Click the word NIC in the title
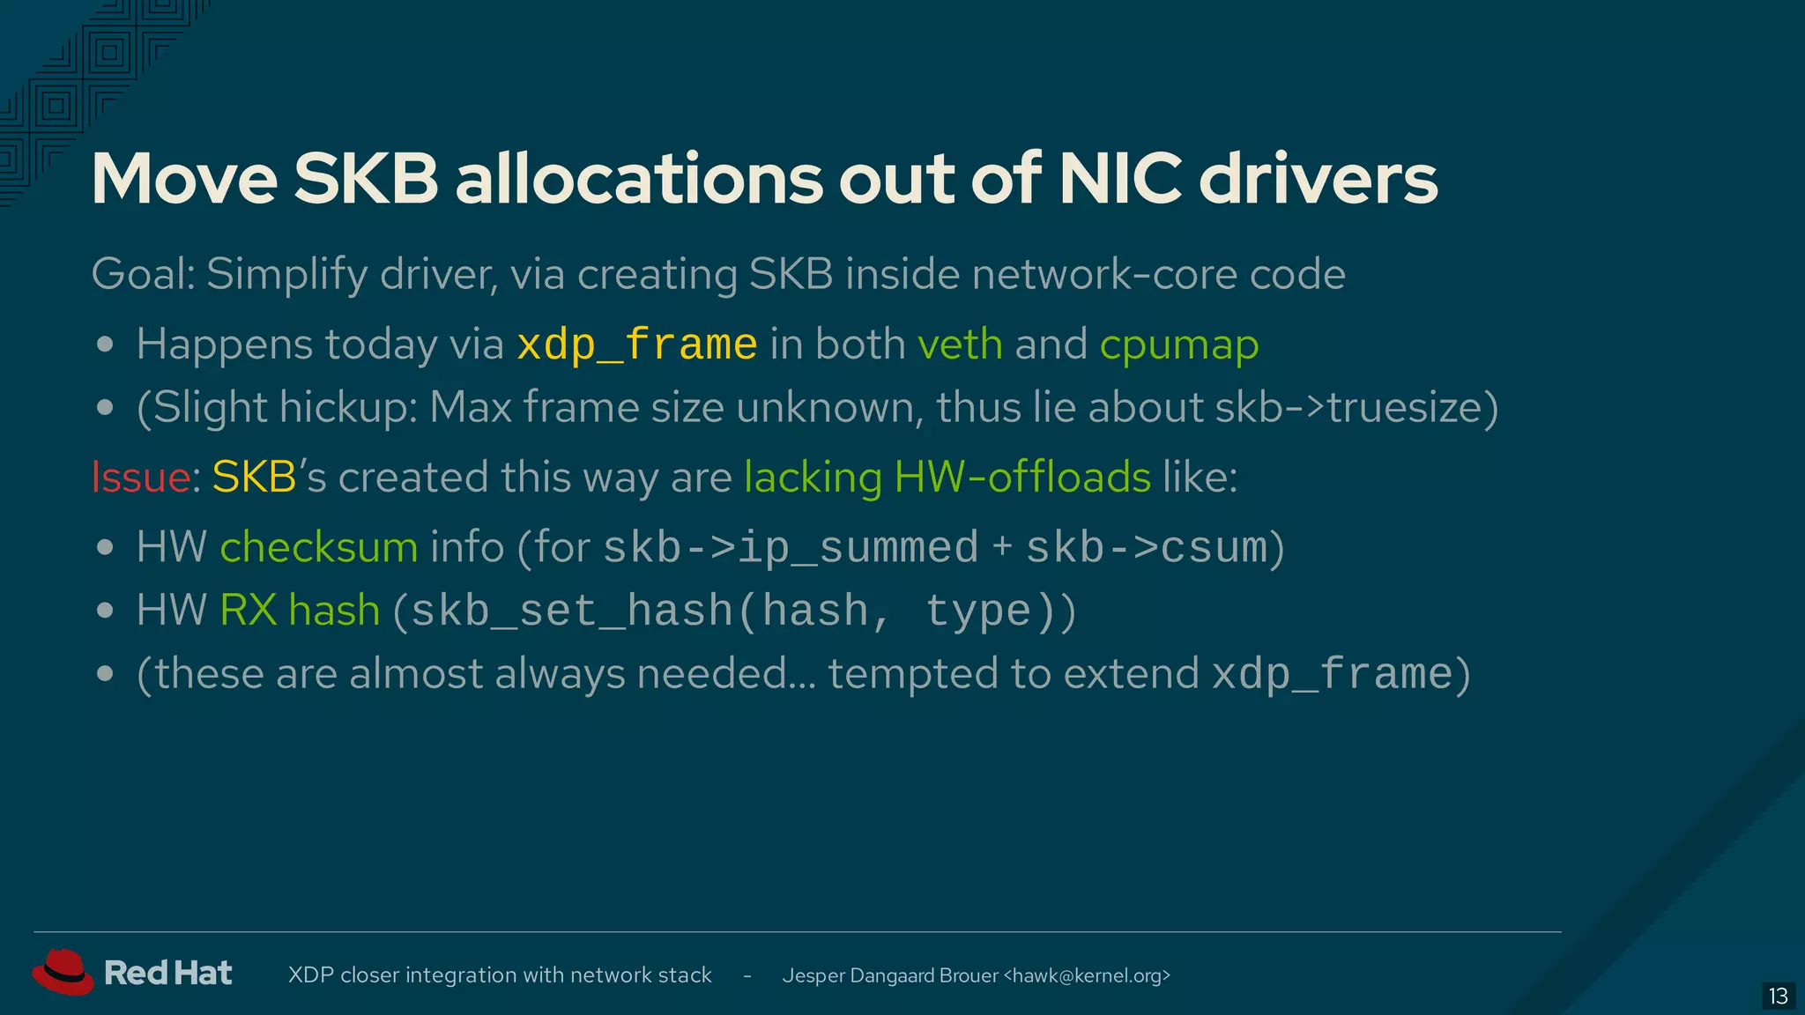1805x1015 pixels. [x=1119, y=179]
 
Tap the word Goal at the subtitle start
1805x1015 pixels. [x=141, y=274]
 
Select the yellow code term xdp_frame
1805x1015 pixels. [x=636, y=345]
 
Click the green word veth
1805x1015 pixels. [x=960, y=345]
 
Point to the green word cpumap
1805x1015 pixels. [x=1178, y=345]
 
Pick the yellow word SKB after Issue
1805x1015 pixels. [x=254, y=478]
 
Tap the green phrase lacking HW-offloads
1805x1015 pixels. [x=947, y=478]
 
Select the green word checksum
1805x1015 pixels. [x=319, y=547]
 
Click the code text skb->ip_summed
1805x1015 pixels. [x=791, y=548]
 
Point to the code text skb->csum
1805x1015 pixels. [x=1147, y=548]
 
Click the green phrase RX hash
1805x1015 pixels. [x=300, y=611]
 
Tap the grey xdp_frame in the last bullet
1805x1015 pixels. [x=1332, y=675]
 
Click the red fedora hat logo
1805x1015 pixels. [x=63, y=972]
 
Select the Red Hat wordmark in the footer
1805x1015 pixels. [x=167, y=973]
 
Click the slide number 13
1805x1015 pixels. [x=1778, y=996]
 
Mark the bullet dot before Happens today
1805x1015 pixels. [x=105, y=345]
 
